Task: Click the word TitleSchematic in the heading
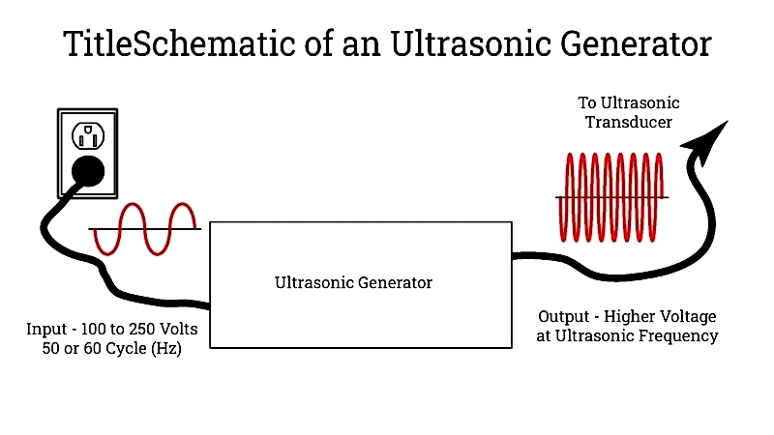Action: [x=180, y=43]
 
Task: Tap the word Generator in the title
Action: [x=636, y=43]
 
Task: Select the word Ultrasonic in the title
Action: [x=470, y=43]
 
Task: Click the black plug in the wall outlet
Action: [x=88, y=171]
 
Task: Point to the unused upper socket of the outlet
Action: [x=88, y=135]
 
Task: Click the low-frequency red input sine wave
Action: [x=145, y=229]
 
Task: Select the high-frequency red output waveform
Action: [x=610, y=197]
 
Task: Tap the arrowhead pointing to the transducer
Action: [x=707, y=140]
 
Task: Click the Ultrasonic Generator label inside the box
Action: [x=353, y=282]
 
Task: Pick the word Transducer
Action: [x=629, y=122]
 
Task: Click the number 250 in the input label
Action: [x=140, y=329]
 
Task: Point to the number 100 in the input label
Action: [x=93, y=329]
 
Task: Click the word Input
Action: [x=46, y=329]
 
